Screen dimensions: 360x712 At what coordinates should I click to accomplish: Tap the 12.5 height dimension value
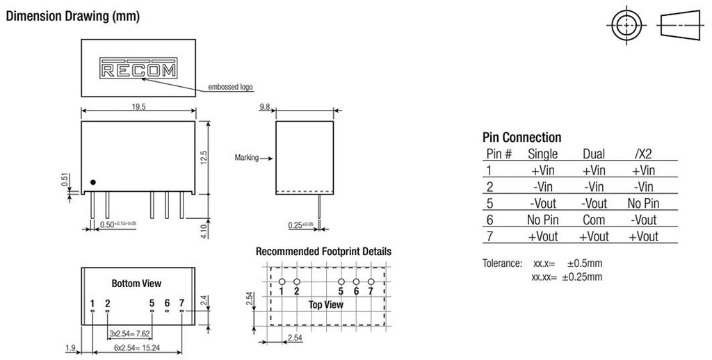(x=204, y=157)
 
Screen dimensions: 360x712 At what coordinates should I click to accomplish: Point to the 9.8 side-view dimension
(x=264, y=106)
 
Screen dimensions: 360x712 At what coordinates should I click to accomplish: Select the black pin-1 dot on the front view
(x=93, y=182)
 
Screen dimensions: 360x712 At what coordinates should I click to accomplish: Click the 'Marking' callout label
(x=246, y=158)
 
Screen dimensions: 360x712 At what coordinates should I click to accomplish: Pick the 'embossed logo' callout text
(x=231, y=88)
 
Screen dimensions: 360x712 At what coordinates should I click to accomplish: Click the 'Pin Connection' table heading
(x=521, y=138)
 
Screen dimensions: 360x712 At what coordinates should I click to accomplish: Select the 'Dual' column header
(x=593, y=154)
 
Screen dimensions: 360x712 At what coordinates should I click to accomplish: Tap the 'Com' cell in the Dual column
(x=593, y=220)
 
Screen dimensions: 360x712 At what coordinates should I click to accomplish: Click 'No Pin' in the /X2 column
(x=642, y=204)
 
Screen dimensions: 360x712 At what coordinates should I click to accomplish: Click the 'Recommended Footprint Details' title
(x=323, y=252)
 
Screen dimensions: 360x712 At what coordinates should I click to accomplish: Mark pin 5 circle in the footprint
(x=341, y=281)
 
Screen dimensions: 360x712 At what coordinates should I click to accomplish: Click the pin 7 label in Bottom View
(x=181, y=303)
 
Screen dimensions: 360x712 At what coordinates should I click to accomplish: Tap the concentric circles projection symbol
(x=626, y=25)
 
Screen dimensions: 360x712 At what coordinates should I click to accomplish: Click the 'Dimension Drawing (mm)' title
(x=72, y=15)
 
